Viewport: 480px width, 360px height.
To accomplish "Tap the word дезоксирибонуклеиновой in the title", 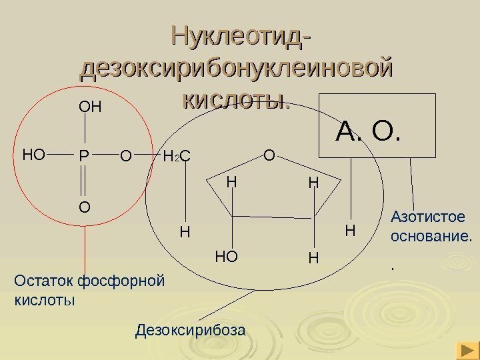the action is [x=235, y=69].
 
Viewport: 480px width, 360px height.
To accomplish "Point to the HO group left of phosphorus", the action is [x=33, y=156].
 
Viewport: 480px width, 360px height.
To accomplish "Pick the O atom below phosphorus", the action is [x=84, y=208].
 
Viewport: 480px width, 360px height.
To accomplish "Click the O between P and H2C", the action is [x=125, y=157].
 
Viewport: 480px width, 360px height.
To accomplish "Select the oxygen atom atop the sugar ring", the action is [x=269, y=156].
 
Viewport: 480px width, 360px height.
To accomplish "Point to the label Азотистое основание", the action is [x=431, y=226].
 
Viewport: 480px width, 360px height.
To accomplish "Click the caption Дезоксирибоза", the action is [x=191, y=329].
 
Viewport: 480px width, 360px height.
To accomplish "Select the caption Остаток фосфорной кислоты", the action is [x=89, y=289].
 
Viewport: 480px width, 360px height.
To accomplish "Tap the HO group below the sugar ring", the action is [x=227, y=256].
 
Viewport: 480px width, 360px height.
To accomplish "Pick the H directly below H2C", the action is [x=185, y=233].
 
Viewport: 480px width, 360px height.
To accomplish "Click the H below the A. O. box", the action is [x=350, y=231].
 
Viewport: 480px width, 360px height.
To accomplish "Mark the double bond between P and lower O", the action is [x=84, y=182].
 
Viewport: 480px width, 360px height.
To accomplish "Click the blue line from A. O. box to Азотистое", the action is [x=413, y=181].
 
